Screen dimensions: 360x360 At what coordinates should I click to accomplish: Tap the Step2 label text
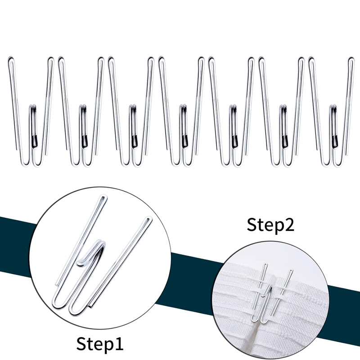pos(270,225)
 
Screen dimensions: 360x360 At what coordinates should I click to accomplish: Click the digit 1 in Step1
pos(119,343)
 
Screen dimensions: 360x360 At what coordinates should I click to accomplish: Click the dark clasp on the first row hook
pos(35,140)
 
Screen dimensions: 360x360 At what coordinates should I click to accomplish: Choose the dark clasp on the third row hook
pos(135,140)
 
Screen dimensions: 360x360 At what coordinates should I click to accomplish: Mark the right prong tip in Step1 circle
pos(149,219)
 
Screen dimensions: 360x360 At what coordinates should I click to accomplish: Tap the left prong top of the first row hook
pos(11,58)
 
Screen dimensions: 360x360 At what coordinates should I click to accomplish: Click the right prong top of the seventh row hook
pos(351,59)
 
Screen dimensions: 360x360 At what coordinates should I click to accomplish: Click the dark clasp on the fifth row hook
pos(234,140)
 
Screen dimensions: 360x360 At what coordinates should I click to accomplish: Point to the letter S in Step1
pos(81,343)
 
